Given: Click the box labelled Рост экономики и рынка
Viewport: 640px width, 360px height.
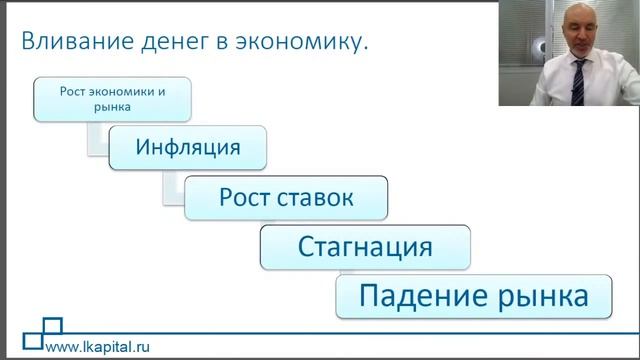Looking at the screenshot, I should [x=110, y=98].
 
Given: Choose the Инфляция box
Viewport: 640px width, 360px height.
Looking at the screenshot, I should [x=188, y=148].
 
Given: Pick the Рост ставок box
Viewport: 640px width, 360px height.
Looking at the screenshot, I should [x=286, y=197].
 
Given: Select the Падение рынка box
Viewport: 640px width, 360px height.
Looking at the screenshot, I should [x=472, y=297].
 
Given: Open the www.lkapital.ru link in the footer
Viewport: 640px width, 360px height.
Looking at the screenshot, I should [x=99, y=347].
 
